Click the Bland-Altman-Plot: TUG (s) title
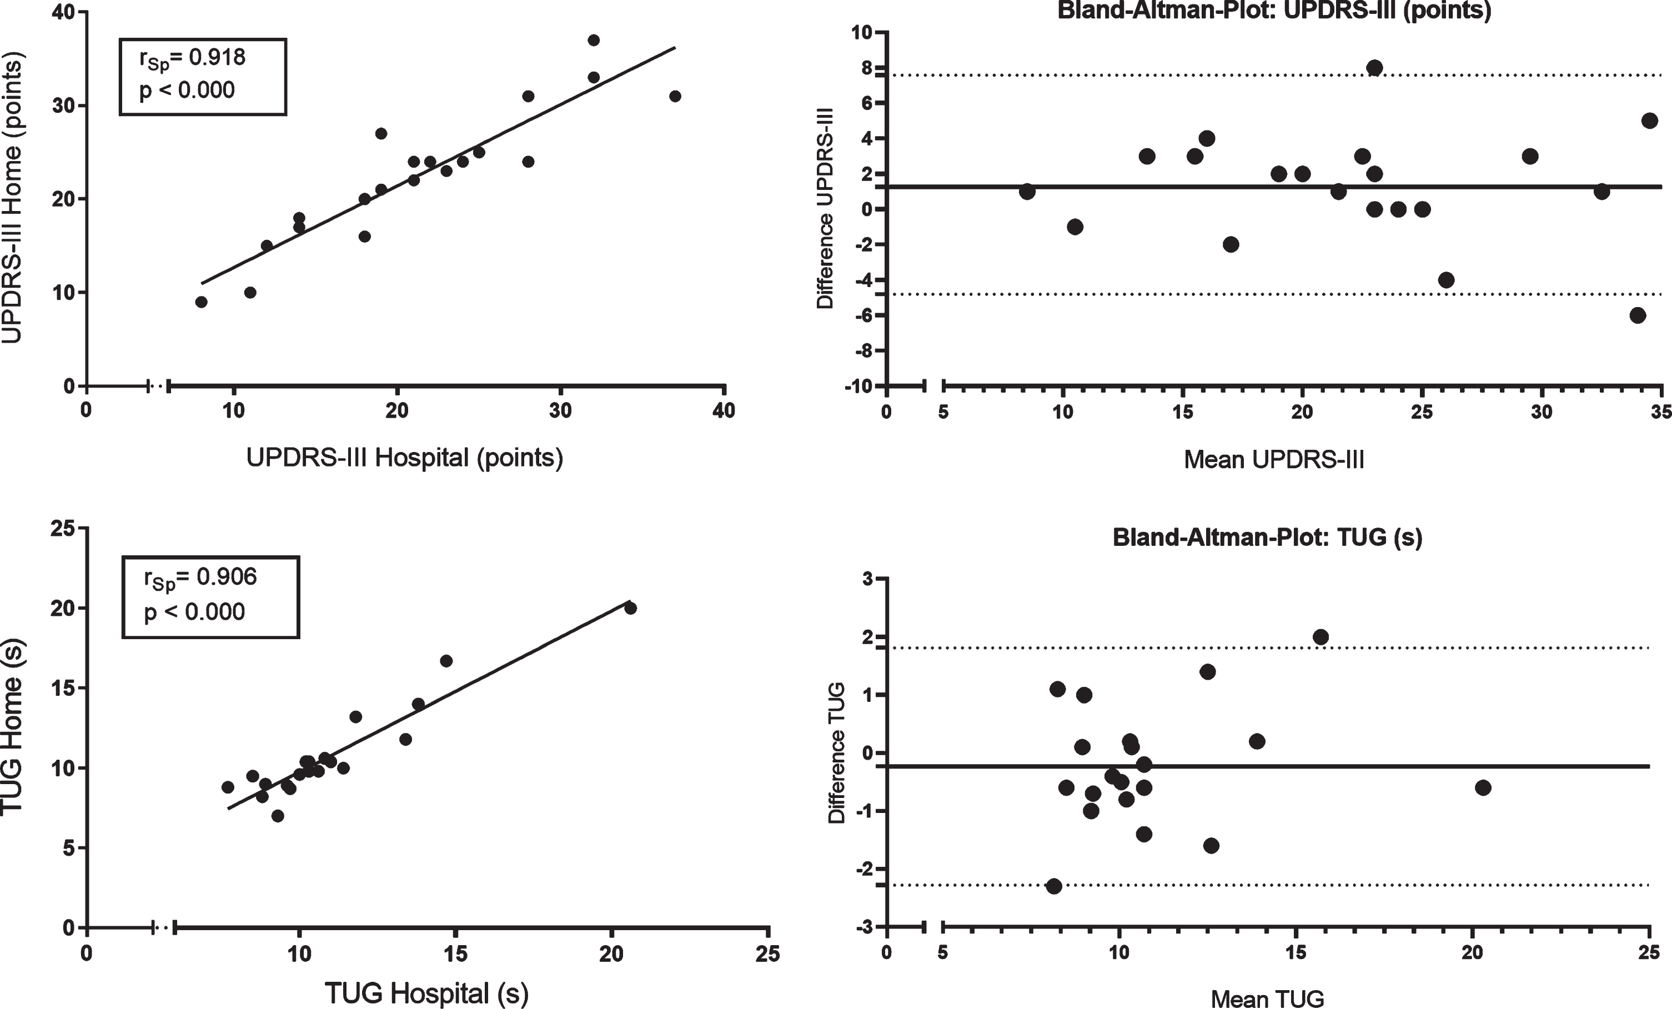pos(1268,538)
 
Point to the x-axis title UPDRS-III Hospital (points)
pos(404,458)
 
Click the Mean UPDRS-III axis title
pos(1274,460)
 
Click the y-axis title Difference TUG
pos(837,753)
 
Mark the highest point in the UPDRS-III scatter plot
pos(594,40)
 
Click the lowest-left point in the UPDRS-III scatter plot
pos(201,302)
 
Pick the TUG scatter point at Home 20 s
pos(630,608)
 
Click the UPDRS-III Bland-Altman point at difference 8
pos(1375,67)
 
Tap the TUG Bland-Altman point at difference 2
pos(1320,636)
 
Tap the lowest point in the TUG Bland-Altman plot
pos(1054,886)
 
